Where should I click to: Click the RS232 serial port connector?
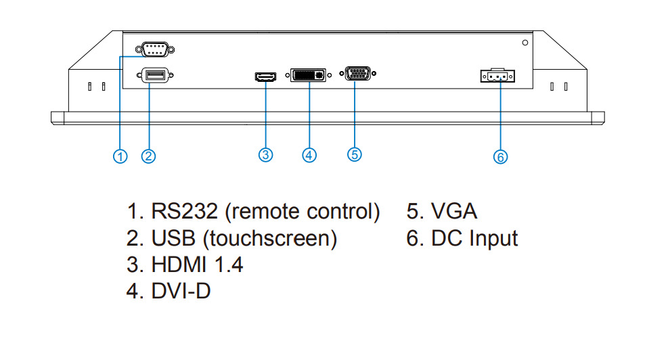(154, 49)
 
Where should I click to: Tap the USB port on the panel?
(154, 76)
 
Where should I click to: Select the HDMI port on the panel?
(266, 77)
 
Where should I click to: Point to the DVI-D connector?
(309, 75)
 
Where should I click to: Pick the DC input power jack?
(497, 77)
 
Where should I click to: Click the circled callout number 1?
(120, 156)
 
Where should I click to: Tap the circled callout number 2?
(149, 156)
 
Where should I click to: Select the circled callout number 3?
(266, 154)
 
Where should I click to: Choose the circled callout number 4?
(309, 155)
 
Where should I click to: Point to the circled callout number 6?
(500, 157)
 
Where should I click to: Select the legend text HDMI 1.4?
(197, 265)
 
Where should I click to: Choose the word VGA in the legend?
(454, 212)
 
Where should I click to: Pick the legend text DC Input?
(474, 238)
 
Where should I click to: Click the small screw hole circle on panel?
(526, 43)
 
